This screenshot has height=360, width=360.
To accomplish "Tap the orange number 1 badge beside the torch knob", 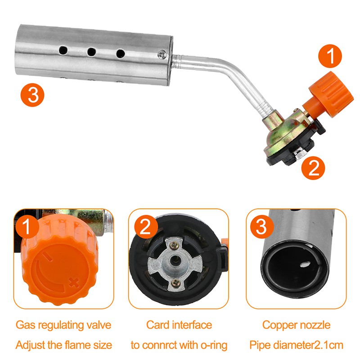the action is [330, 56].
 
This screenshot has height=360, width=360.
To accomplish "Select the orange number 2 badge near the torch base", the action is [313, 168].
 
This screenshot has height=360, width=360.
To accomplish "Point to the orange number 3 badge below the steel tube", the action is [32, 95].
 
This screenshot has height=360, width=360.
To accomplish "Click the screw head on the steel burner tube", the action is [162, 54].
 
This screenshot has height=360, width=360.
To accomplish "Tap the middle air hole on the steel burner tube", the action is [92, 52].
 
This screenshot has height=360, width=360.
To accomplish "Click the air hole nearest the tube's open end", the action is [63, 50].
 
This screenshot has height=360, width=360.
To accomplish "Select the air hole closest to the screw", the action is [121, 54].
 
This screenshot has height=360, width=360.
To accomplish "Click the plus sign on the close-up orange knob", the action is [74, 282].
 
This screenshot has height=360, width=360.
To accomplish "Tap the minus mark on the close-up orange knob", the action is [47, 256].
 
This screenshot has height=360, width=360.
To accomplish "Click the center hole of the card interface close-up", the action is [175, 260].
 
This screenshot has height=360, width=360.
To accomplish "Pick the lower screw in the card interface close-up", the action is [176, 283].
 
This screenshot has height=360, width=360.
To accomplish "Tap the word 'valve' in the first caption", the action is [99, 325].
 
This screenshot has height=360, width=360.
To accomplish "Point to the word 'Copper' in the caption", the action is [277, 325].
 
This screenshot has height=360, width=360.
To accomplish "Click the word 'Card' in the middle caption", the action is [158, 325].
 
